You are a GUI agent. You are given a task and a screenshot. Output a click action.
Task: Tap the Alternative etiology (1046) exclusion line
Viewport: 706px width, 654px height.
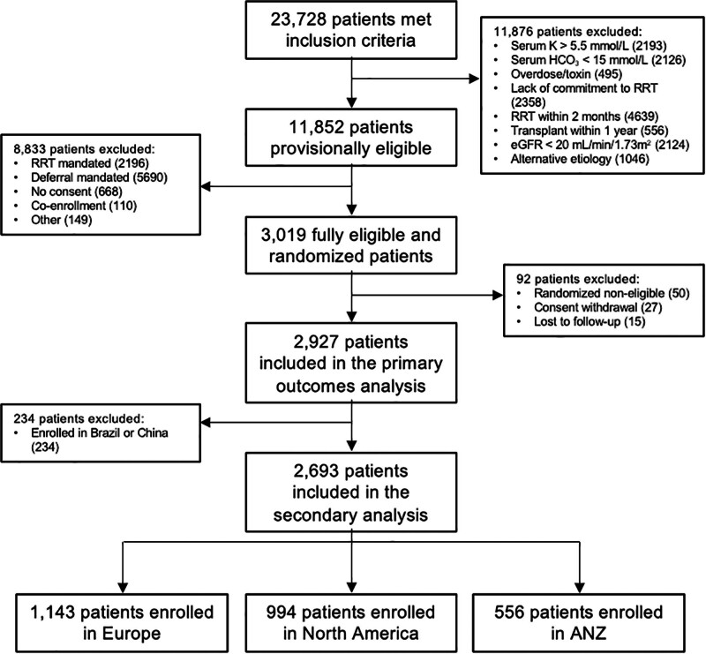(x=580, y=159)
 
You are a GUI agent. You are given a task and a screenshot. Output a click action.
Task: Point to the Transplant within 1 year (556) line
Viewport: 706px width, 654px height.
(x=590, y=131)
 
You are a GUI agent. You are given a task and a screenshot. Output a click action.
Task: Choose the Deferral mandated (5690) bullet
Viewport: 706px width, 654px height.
(x=99, y=177)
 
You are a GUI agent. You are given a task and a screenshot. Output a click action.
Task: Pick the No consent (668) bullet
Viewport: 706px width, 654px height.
(x=77, y=192)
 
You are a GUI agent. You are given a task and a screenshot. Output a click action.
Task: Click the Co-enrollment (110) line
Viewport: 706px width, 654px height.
(x=84, y=206)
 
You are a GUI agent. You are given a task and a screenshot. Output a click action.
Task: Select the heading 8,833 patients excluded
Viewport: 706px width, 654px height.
(x=84, y=149)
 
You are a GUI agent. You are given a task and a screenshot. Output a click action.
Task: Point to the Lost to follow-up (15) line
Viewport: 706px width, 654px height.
(x=590, y=321)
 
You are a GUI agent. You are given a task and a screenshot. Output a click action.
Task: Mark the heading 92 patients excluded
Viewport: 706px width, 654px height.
(x=578, y=279)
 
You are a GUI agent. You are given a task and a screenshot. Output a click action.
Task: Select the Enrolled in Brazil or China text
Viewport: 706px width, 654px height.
(x=100, y=433)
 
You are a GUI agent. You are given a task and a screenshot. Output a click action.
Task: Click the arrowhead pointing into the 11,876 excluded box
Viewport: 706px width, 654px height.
(x=475, y=79)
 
